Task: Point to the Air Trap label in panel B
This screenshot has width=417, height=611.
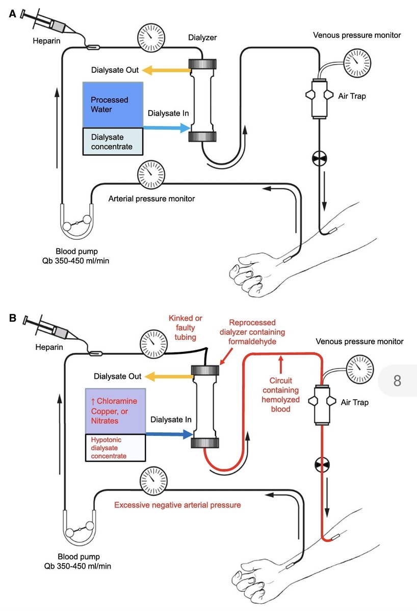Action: coord(355,402)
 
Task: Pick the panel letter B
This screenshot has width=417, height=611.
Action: coord(13,319)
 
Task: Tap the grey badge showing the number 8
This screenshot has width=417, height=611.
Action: coord(398,380)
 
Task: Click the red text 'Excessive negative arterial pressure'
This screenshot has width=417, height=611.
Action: coord(177,505)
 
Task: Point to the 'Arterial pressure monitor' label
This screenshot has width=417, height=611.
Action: coord(151,199)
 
